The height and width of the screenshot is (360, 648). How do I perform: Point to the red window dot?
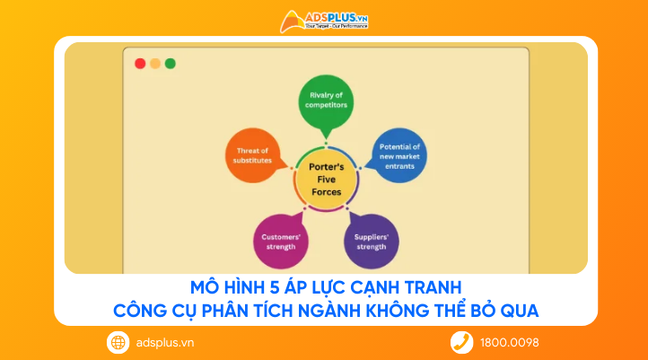pos(140,64)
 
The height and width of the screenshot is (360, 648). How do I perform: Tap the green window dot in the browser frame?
pos(171,64)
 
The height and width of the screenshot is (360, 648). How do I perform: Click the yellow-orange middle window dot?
pos(155,64)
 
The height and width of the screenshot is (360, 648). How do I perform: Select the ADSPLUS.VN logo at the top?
pos(324,21)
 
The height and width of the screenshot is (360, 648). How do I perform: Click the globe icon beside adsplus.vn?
pos(118,342)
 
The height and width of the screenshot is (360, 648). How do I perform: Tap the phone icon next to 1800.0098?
pos(461,342)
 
